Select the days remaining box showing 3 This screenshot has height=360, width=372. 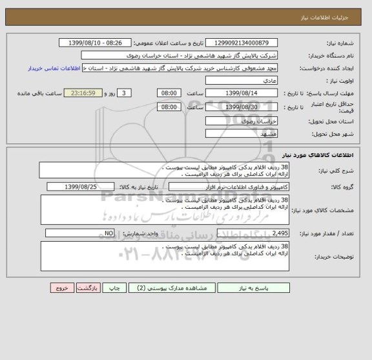[127, 93]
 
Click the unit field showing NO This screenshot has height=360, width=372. [81, 233]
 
